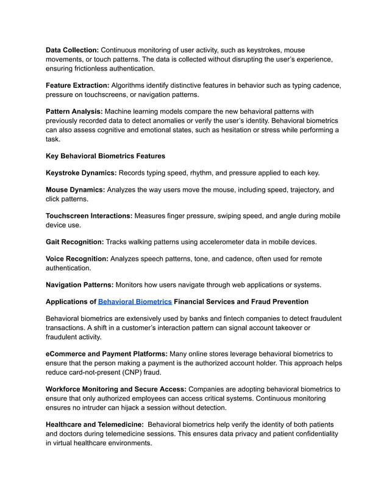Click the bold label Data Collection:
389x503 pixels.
pos(72,49)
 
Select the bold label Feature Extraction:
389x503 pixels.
pos(77,85)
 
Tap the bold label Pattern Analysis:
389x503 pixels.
pos(74,111)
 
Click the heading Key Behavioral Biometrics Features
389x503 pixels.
pos(106,156)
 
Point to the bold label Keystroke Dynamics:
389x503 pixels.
pos(81,173)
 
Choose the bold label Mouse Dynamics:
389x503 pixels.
pos(75,190)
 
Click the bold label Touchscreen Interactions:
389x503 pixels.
pos(90,216)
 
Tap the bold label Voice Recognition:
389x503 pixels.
pos(77,259)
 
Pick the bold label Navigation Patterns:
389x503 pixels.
pos(80,284)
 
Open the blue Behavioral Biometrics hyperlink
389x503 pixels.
pos(135,301)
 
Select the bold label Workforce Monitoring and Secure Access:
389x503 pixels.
pos(116,389)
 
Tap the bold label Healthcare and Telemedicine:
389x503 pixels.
pos(95,424)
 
